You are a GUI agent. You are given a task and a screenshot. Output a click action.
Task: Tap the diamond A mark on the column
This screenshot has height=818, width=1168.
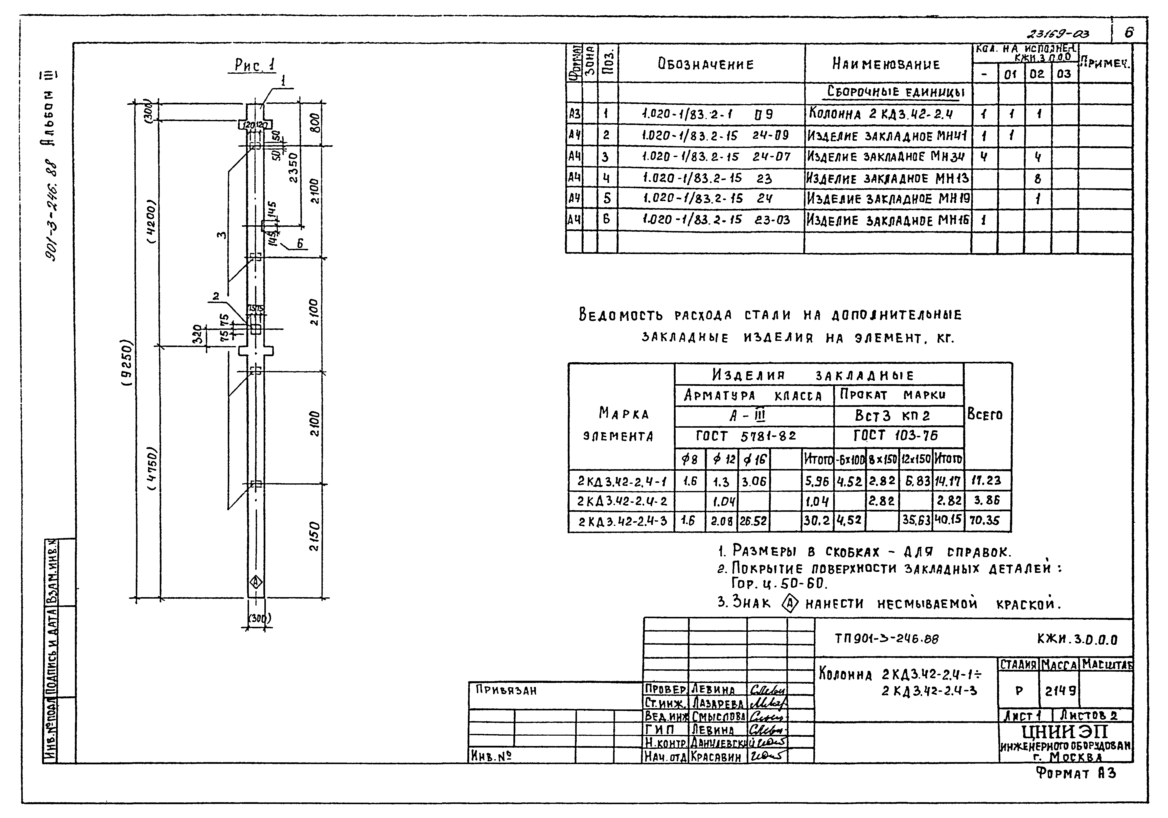pos(256,582)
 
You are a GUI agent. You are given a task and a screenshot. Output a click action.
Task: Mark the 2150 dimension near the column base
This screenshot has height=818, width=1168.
pos(315,536)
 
